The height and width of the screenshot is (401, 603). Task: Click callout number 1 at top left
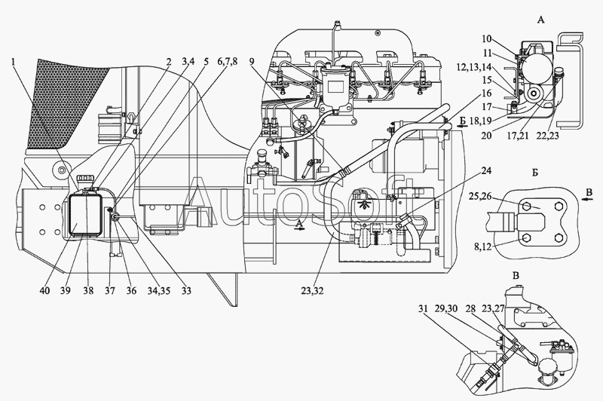tap(14, 62)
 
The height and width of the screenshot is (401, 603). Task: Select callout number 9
tap(252, 62)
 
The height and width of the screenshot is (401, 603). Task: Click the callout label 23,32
tap(313, 291)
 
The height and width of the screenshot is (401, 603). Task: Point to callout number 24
tap(486, 170)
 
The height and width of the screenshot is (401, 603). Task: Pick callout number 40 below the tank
tap(44, 291)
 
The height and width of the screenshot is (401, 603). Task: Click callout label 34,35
tap(159, 291)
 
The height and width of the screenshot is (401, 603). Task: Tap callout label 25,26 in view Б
tap(479, 197)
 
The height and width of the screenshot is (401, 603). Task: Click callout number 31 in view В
tap(424, 309)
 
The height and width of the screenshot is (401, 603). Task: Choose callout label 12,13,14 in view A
tap(474, 66)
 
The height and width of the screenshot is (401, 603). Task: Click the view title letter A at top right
tap(540, 20)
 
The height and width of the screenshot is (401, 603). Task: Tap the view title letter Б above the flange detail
tap(535, 173)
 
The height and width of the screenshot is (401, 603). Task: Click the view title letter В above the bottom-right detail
tap(516, 275)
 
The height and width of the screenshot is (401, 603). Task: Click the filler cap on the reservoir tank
tap(85, 179)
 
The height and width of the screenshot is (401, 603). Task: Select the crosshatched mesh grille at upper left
tap(66, 103)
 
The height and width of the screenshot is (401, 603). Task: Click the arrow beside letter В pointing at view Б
tap(586, 199)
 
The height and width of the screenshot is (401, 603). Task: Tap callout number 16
tap(486, 93)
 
